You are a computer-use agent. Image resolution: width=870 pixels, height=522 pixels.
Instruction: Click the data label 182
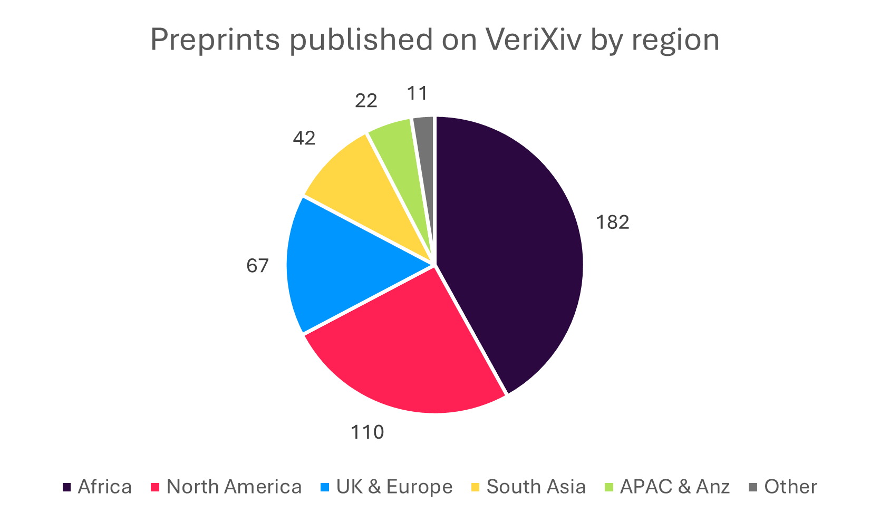click(612, 223)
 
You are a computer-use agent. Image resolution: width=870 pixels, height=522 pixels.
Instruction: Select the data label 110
click(368, 432)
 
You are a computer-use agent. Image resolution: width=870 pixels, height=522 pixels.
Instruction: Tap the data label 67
click(257, 266)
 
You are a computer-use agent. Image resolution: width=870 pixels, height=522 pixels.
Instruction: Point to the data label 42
click(304, 138)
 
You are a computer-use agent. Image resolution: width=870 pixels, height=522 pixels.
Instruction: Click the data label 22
click(366, 101)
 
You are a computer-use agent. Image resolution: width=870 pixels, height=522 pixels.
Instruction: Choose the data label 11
click(417, 93)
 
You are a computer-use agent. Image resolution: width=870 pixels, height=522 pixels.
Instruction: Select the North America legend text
click(234, 487)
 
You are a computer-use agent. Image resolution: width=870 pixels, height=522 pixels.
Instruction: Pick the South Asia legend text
click(536, 487)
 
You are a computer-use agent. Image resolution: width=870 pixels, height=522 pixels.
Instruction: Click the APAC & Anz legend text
click(675, 487)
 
